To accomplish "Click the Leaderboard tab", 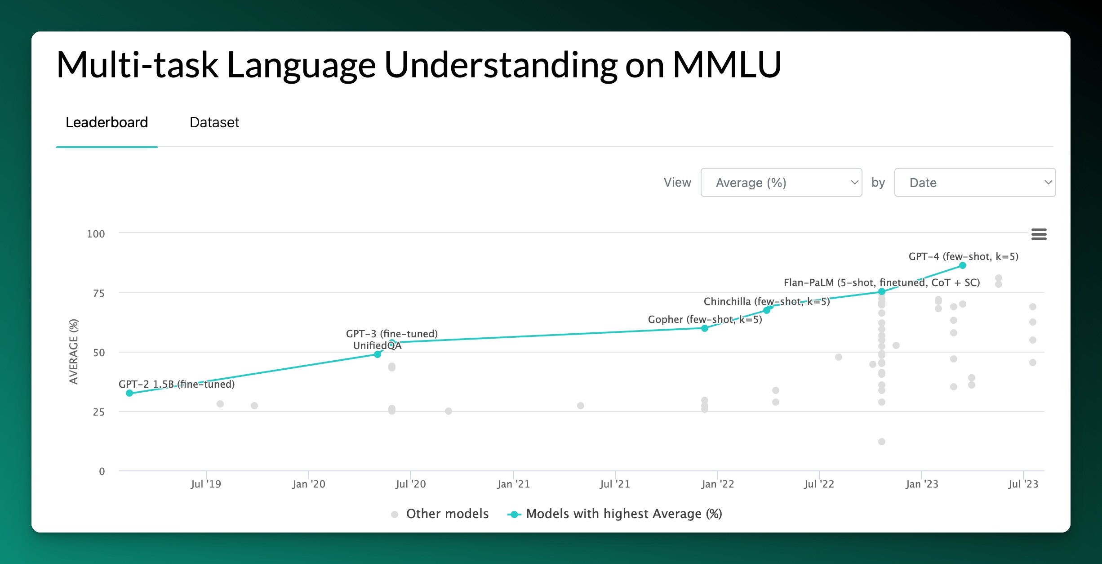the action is (x=107, y=122).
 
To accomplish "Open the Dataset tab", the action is (x=214, y=122).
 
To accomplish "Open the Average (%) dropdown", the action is (x=781, y=183).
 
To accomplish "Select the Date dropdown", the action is (x=975, y=183).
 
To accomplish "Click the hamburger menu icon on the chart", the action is (x=1039, y=234).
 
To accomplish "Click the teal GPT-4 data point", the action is (x=962, y=265).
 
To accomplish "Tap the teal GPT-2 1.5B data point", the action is (x=129, y=393).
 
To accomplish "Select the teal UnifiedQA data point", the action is (x=378, y=354).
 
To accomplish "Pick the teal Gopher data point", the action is (x=705, y=328).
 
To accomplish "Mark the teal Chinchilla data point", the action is (x=767, y=310).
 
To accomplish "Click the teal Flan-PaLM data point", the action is (x=882, y=291).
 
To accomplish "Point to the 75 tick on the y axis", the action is (x=99, y=294).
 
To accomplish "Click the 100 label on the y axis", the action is (x=96, y=234).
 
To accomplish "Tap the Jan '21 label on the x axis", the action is (x=514, y=484).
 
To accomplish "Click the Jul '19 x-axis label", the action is (x=206, y=484).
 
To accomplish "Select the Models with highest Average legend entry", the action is (x=614, y=514).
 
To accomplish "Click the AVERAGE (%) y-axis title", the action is (x=74, y=352).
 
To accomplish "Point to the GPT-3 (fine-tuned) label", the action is (x=392, y=334).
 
